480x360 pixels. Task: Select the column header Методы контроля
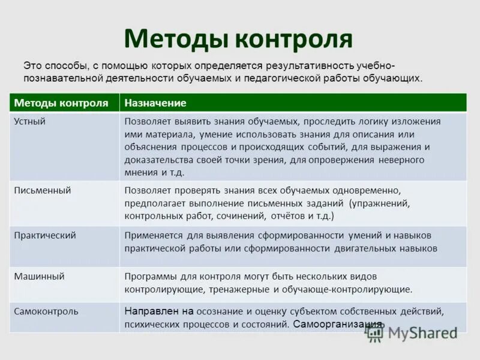point(61,103)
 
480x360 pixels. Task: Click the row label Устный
point(30,121)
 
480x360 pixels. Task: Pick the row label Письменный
point(43,190)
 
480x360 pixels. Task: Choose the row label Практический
point(45,235)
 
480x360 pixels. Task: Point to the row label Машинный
point(39,277)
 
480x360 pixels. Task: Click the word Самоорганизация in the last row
point(338,324)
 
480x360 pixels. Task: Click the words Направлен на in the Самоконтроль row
point(159,311)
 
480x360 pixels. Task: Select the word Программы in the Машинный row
point(150,277)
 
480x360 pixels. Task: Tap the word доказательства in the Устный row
point(158,160)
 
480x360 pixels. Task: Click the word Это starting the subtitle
point(32,65)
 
